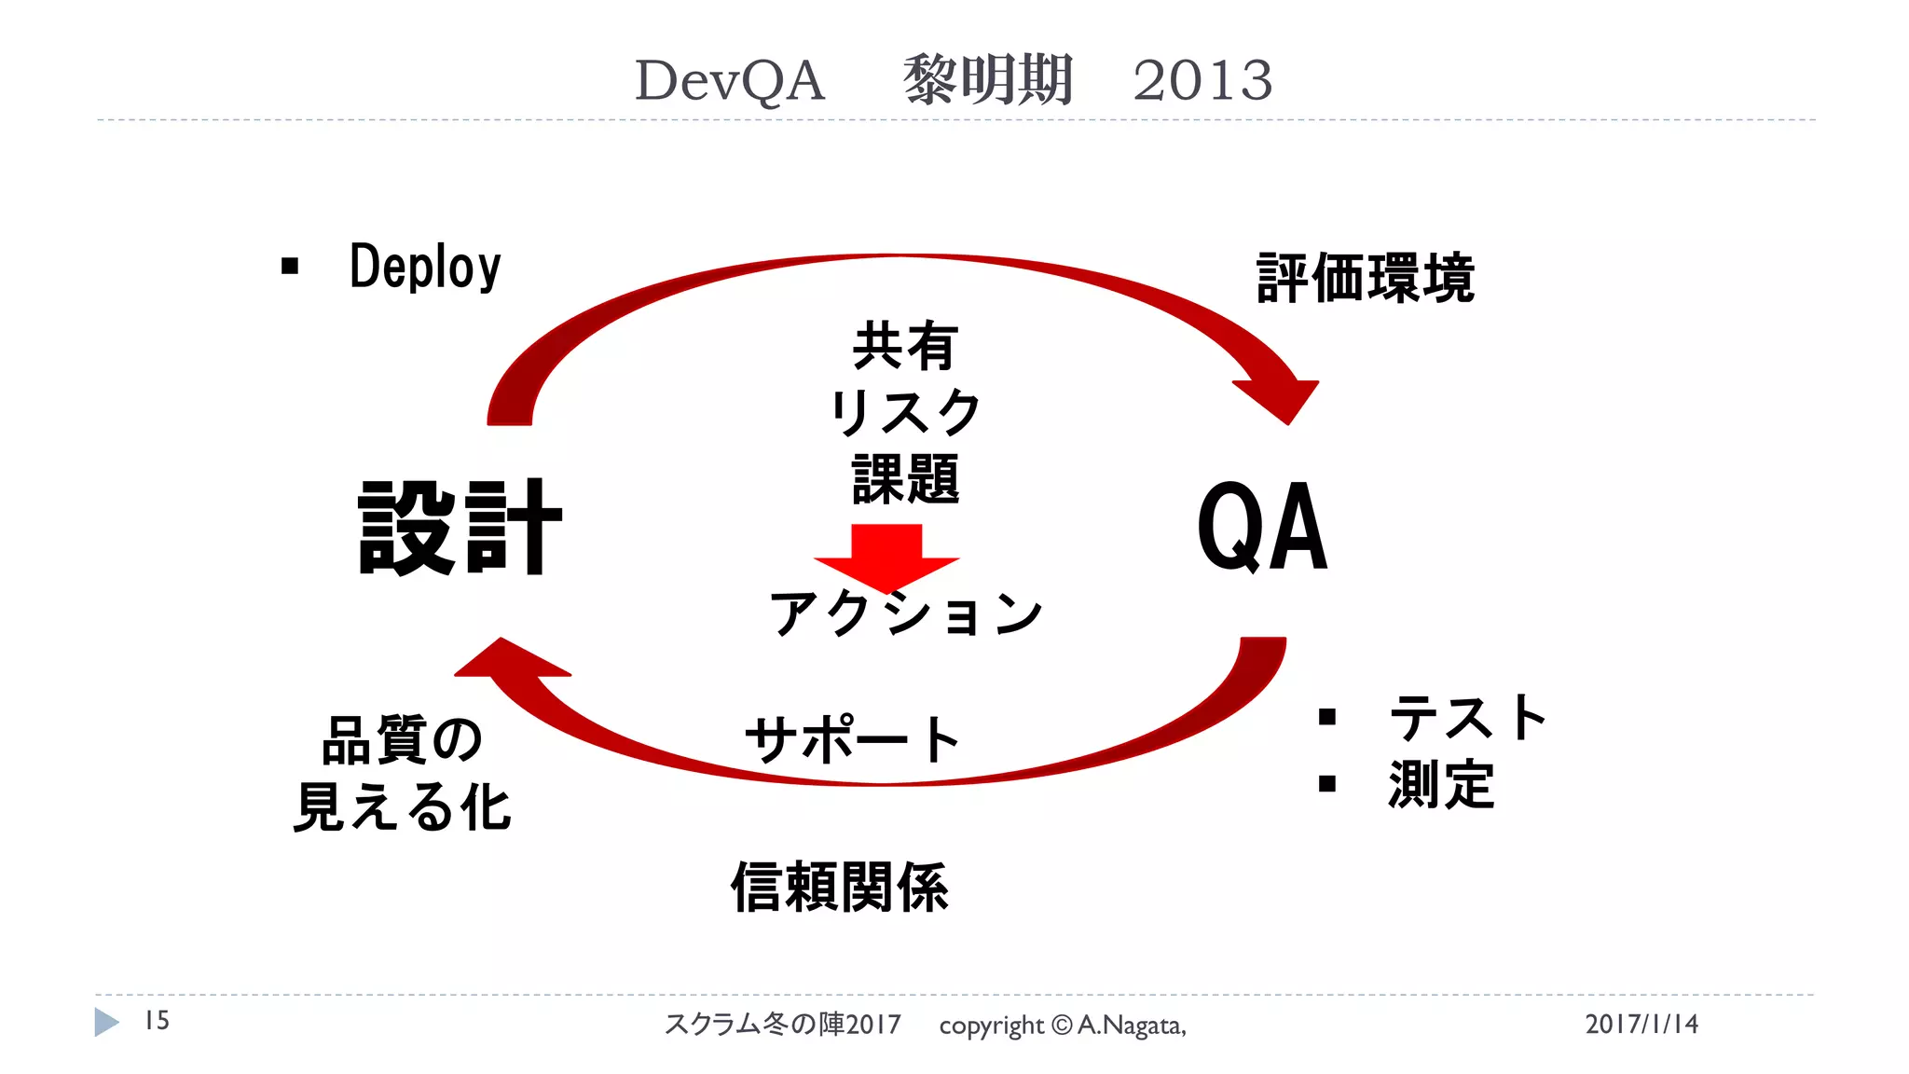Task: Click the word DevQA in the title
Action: [730, 80]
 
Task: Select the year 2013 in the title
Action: [1202, 80]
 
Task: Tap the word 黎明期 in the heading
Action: [988, 80]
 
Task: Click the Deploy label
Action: [425, 267]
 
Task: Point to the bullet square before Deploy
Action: [290, 267]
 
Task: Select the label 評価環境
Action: [1366, 278]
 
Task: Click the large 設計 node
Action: [460, 528]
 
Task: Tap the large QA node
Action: [1262, 528]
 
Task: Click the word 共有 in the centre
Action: [904, 346]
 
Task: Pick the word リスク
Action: [904, 412]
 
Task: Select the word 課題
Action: [904, 479]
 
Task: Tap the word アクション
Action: [904, 614]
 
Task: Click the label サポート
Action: [852, 739]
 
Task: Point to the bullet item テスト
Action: [1467, 718]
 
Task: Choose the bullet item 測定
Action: [1441, 784]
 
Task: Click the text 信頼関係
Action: [839, 887]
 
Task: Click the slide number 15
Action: [157, 1021]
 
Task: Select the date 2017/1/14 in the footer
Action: [1641, 1024]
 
